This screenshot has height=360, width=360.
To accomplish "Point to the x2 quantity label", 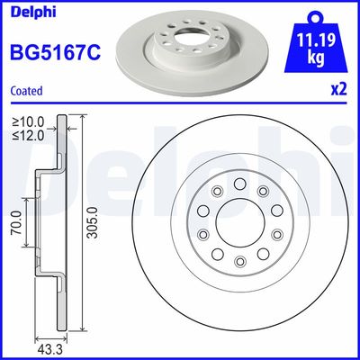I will tap(339, 90).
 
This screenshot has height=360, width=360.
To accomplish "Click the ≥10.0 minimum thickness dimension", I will tap(28, 121).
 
